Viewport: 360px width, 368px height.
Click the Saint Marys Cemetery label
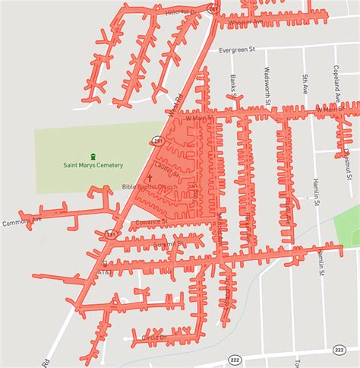pyautogui.click(x=93, y=166)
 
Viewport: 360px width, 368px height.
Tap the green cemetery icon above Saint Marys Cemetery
pyautogui.click(x=93, y=156)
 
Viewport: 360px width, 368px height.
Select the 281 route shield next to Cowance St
pyautogui.click(x=111, y=234)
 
